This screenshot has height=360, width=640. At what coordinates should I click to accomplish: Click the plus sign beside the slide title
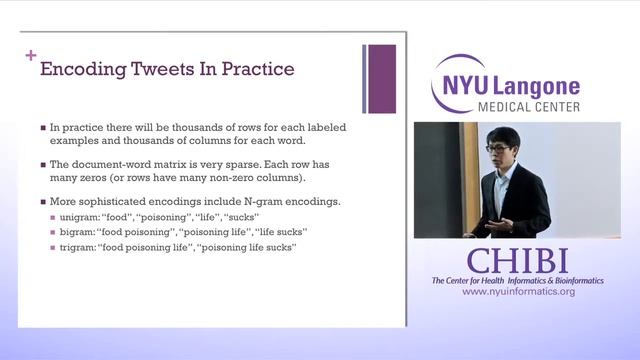30,55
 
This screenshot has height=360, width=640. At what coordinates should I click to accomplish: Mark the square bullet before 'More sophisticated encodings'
43,202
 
